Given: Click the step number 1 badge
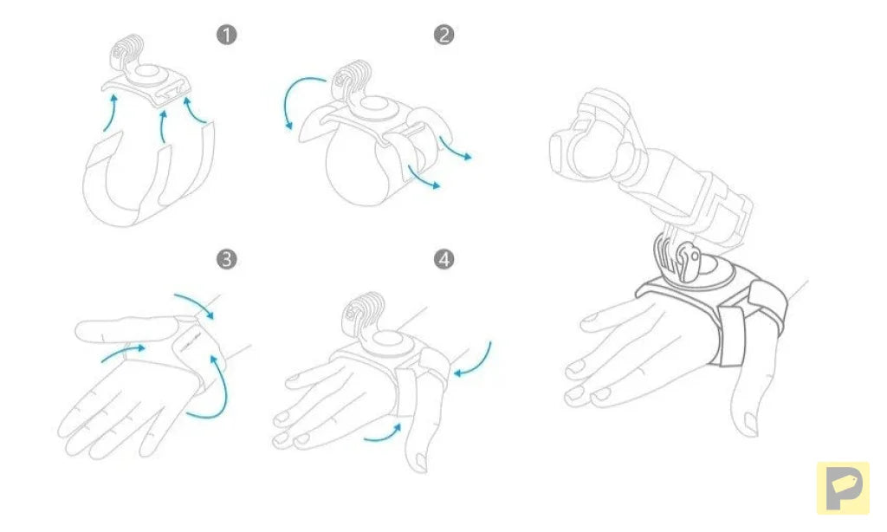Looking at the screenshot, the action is pos(226,35).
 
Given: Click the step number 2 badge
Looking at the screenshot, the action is pos(443,35).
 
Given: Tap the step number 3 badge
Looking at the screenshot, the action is pos(226,259).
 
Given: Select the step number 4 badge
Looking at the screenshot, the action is pos(443,259).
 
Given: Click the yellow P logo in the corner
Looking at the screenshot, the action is pos(843,488).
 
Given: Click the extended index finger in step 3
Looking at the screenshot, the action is pos(127,328).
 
